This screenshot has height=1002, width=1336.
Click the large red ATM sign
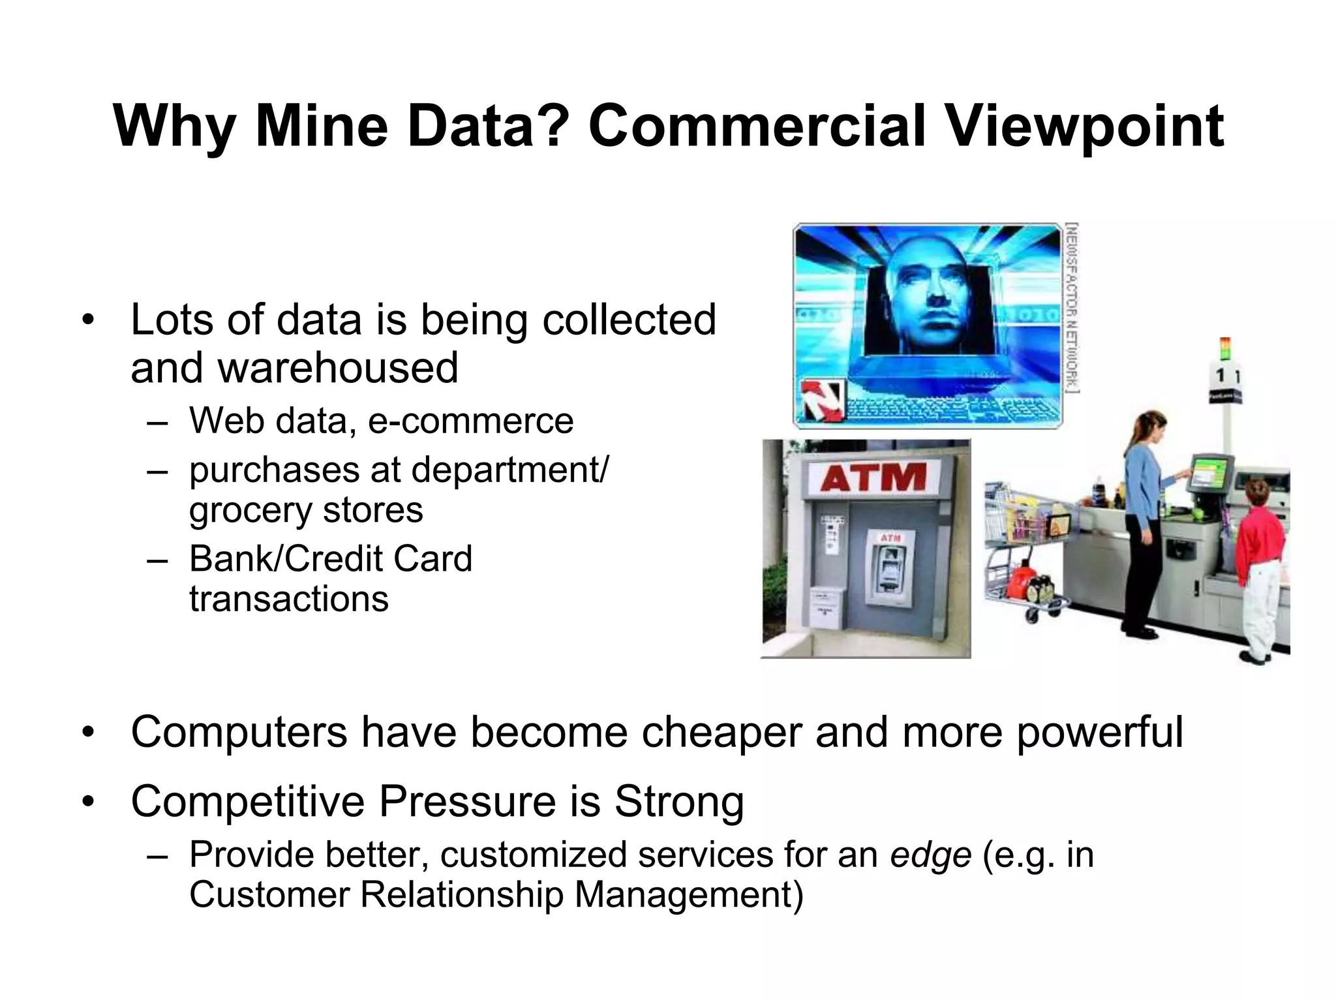(873, 478)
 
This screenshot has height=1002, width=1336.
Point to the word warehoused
(337, 367)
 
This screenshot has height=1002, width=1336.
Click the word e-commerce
(470, 421)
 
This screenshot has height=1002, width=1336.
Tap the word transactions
(289, 599)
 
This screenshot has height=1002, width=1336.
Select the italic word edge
(930, 855)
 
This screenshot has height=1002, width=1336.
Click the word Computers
(239, 732)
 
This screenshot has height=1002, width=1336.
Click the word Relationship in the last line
(461, 894)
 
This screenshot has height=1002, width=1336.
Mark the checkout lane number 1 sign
(1222, 377)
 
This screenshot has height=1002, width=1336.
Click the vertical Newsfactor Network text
(1071, 307)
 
